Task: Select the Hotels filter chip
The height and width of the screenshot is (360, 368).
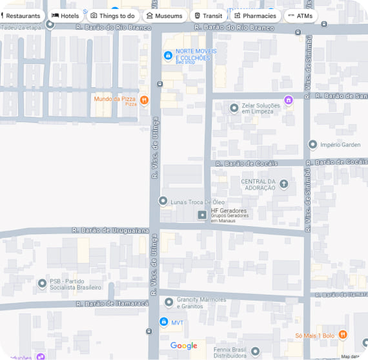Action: [65, 16]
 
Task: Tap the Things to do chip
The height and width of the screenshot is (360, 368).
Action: [113, 16]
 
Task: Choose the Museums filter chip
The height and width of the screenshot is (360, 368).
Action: [164, 16]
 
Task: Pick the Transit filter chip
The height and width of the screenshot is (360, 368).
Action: [208, 16]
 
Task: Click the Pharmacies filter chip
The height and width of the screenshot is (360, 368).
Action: [255, 16]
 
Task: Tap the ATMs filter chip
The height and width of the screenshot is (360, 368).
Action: [300, 16]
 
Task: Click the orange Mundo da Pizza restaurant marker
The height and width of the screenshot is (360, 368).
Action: [144, 100]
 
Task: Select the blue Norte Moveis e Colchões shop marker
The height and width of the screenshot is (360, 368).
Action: [168, 56]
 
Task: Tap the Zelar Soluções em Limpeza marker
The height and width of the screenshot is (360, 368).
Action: [234, 108]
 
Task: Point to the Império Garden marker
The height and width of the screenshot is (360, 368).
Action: [313, 145]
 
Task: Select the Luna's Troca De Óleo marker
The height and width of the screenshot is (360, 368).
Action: [163, 202]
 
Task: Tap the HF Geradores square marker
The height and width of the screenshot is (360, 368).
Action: [202, 215]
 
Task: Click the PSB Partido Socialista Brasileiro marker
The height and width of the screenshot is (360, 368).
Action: [43, 282]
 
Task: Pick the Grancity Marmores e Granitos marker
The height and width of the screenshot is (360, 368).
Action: [169, 302]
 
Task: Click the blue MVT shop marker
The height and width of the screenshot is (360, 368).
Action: [163, 322]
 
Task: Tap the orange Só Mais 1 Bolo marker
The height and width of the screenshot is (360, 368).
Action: [343, 335]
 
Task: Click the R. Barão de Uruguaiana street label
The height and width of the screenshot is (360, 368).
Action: [110, 230]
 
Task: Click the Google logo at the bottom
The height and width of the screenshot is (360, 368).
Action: [183, 346]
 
